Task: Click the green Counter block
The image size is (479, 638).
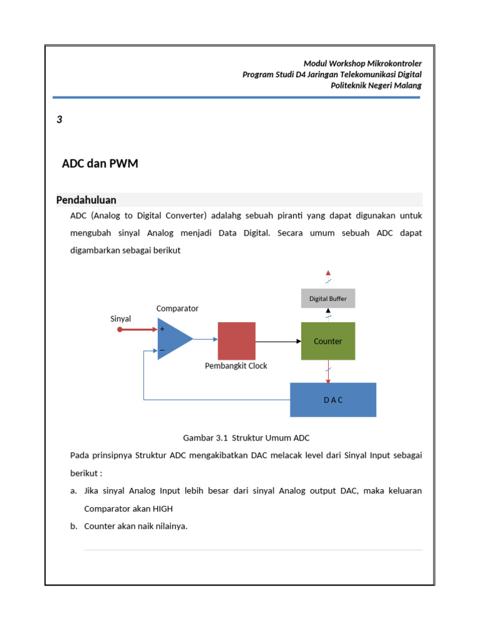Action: (328, 341)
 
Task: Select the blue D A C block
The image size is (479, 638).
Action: (333, 399)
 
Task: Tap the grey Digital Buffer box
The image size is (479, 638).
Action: (328, 298)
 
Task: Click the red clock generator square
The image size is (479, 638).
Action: (236, 341)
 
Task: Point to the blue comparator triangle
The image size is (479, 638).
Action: (173, 340)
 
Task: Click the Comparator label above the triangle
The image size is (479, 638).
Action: (177, 308)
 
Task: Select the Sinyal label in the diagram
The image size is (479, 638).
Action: (120, 318)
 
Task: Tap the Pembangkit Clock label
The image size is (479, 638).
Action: (236, 366)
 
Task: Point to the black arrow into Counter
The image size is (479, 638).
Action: (297, 341)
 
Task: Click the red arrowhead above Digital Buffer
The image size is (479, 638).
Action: (328, 272)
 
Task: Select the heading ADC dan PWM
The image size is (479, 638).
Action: (100, 164)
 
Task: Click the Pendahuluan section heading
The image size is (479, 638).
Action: (86, 200)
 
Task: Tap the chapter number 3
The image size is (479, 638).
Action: (59, 120)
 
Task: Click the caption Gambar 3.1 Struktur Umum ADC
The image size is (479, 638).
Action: (246, 437)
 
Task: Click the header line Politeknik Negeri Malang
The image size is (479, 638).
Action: (375, 85)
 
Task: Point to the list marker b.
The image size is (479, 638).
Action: (74, 526)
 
